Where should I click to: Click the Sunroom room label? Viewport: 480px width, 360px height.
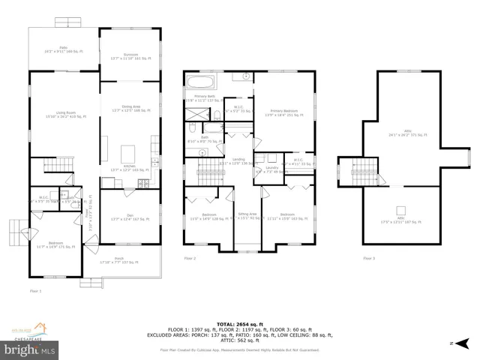[130, 56]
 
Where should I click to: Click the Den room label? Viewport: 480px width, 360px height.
[130, 217]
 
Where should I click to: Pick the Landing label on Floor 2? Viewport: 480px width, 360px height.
[238, 161]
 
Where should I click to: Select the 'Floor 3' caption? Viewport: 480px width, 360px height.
[369, 259]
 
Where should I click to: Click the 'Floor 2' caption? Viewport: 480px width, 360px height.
[190, 259]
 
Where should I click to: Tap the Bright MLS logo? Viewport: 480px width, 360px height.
[30, 349]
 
